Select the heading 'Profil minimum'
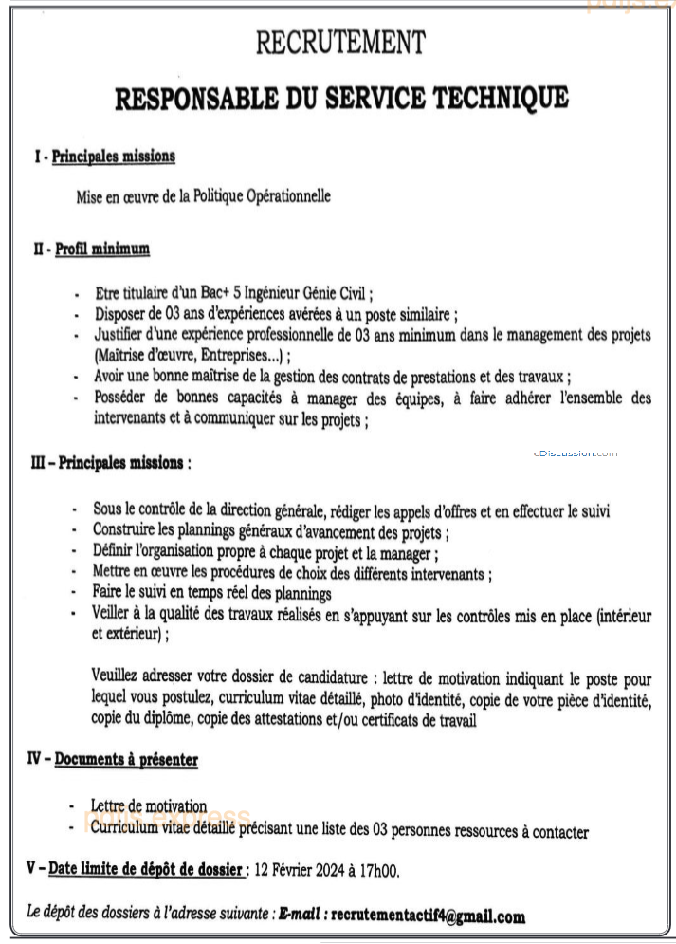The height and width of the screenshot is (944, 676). [x=102, y=249]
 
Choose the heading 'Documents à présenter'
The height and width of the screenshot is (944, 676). [x=126, y=760]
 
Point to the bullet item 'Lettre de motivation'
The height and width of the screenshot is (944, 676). [x=149, y=806]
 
